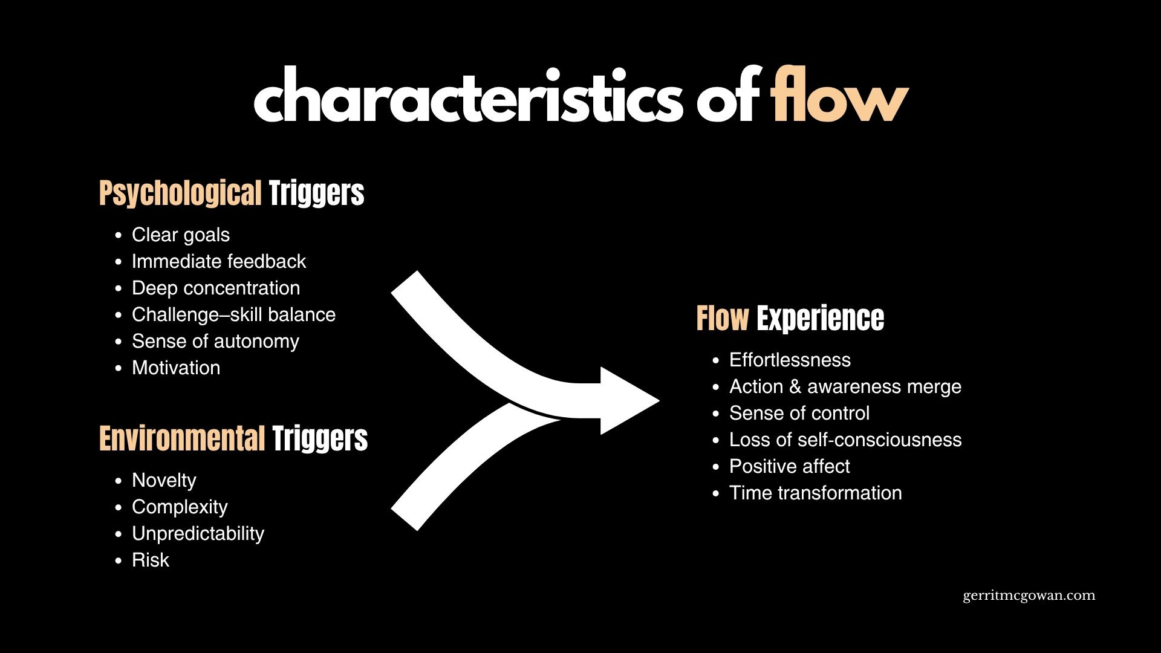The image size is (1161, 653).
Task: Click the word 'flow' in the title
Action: (x=839, y=96)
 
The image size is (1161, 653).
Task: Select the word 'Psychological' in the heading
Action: (x=180, y=193)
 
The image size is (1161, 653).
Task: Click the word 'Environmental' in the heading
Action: (x=182, y=439)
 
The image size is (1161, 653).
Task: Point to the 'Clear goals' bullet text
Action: (x=181, y=235)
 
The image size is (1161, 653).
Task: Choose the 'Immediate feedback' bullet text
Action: (x=219, y=261)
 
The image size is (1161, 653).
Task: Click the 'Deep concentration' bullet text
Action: (x=216, y=288)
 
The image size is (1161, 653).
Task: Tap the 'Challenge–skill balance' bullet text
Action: (x=233, y=314)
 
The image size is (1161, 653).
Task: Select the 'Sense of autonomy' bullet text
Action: (x=215, y=341)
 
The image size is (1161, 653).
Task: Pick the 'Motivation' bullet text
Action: (x=176, y=368)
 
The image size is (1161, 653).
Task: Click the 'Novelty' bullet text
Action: (x=164, y=480)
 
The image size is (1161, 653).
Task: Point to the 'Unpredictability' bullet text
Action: (x=198, y=533)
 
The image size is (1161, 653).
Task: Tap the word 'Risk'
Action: (x=151, y=560)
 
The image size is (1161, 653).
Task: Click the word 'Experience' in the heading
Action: (x=820, y=319)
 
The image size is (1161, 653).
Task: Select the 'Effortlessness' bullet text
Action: (x=790, y=360)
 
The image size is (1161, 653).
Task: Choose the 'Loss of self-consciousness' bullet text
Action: (x=845, y=440)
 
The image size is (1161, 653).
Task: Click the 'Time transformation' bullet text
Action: (x=815, y=493)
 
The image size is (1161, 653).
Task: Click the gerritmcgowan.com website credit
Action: (x=1029, y=596)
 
